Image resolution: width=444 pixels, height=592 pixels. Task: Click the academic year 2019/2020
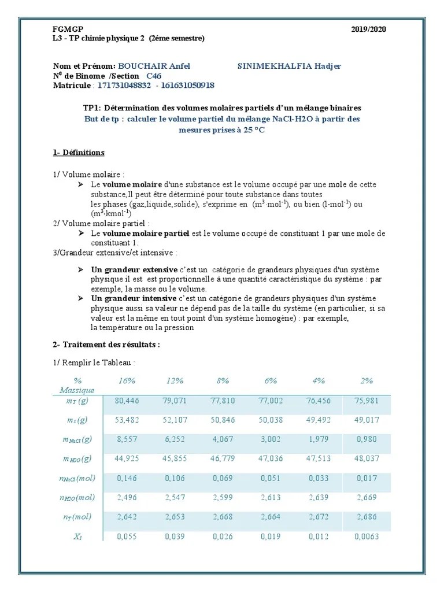coord(368,29)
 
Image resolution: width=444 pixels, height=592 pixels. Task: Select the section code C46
coord(154,76)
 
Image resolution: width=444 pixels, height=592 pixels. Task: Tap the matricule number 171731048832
coord(124,86)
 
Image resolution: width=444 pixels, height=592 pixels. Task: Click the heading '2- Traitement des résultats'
coord(106,345)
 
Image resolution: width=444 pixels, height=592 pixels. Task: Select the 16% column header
coord(127,380)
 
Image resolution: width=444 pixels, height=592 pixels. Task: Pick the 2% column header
coord(367,380)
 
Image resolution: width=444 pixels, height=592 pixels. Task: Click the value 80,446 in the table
coord(127,400)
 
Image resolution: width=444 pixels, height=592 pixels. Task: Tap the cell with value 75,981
coord(367,400)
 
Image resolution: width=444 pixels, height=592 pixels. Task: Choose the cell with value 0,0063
coord(367,536)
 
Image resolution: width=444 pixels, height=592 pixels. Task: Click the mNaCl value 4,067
coord(223,439)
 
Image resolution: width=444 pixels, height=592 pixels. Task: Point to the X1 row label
coord(78,536)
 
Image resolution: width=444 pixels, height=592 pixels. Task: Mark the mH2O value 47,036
coord(271,459)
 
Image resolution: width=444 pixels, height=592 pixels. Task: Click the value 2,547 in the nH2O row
coord(175,497)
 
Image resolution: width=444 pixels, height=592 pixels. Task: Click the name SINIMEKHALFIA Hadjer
coord(289,66)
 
